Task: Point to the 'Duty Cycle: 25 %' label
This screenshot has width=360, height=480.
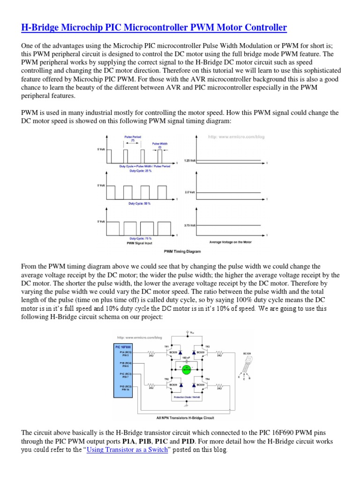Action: tap(140, 171)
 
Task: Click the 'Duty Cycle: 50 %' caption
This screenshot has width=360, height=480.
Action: tap(140, 204)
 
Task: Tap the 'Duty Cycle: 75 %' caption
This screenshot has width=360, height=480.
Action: tap(140, 239)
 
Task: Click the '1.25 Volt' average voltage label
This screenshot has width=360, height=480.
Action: tap(190, 161)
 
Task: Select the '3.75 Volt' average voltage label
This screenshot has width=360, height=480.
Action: tap(190, 225)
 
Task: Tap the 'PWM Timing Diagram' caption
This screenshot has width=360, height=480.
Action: tap(182, 252)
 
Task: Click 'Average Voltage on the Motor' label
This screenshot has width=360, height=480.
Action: tap(230, 242)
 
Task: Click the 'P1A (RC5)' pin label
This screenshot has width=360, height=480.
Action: tap(125, 352)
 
